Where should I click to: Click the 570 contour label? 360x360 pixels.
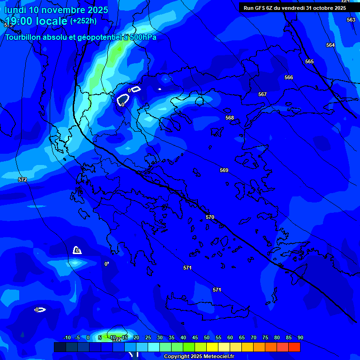pyautogui.click(x=210, y=217)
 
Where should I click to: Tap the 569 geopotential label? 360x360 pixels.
pyautogui.click(x=224, y=170)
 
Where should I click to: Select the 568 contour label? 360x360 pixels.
pyautogui.click(x=230, y=118)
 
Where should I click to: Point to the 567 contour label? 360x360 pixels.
pyautogui.click(x=262, y=94)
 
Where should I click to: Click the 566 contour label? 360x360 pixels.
pyautogui.click(x=289, y=77)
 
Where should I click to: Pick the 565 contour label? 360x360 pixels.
pyautogui.click(x=309, y=61)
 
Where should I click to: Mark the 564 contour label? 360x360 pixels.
pyautogui.click(x=330, y=45)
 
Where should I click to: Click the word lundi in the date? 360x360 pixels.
pyautogui.click(x=16, y=10)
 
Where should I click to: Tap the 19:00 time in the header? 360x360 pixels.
pyautogui.click(x=19, y=22)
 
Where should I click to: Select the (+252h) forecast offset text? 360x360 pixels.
pyautogui.click(x=83, y=21)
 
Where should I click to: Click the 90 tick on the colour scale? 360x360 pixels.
pyautogui.click(x=300, y=337)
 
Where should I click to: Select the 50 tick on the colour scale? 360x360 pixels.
pyautogui.click(x=207, y=337)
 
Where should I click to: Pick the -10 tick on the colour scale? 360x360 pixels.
pyautogui.click(x=67, y=337)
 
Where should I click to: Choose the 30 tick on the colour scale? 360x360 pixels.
pyautogui.click(x=160, y=337)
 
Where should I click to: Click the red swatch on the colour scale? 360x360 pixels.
pyautogui.click(x=294, y=347)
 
